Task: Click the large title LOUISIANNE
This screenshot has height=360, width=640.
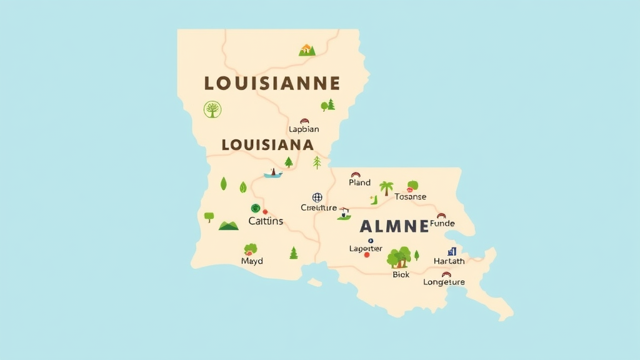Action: (x=272, y=83)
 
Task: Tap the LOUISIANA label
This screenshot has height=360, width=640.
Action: (x=267, y=144)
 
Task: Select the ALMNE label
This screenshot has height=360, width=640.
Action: (x=395, y=226)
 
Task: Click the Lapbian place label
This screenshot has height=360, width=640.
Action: (x=304, y=129)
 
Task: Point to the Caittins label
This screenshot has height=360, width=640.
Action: (x=266, y=221)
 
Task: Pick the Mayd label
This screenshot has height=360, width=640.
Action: (x=252, y=261)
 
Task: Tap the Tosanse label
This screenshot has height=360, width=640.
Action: (x=411, y=197)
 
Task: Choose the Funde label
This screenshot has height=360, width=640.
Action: (x=442, y=224)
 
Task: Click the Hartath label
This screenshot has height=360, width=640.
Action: (x=449, y=261)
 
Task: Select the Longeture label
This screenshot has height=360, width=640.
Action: (x=444, y=282)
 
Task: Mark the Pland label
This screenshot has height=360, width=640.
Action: (x=359, y=182)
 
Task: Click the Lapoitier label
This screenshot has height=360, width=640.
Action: (x=366, y=249)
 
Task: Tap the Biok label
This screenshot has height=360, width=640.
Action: (x=401, y=274)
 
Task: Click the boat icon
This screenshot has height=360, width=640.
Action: (x=272, y=173)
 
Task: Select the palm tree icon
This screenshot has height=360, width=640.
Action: (x=386, y=187)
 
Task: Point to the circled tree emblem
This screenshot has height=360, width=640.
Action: (x=212, y=109)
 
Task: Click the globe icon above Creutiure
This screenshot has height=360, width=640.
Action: (x=317, y=197)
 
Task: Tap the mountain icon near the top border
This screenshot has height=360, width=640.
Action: (x=307, y=50)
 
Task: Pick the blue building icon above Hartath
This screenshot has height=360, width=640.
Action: (x=452, y=251)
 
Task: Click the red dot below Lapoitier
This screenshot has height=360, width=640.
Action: (x=367, y=255)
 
